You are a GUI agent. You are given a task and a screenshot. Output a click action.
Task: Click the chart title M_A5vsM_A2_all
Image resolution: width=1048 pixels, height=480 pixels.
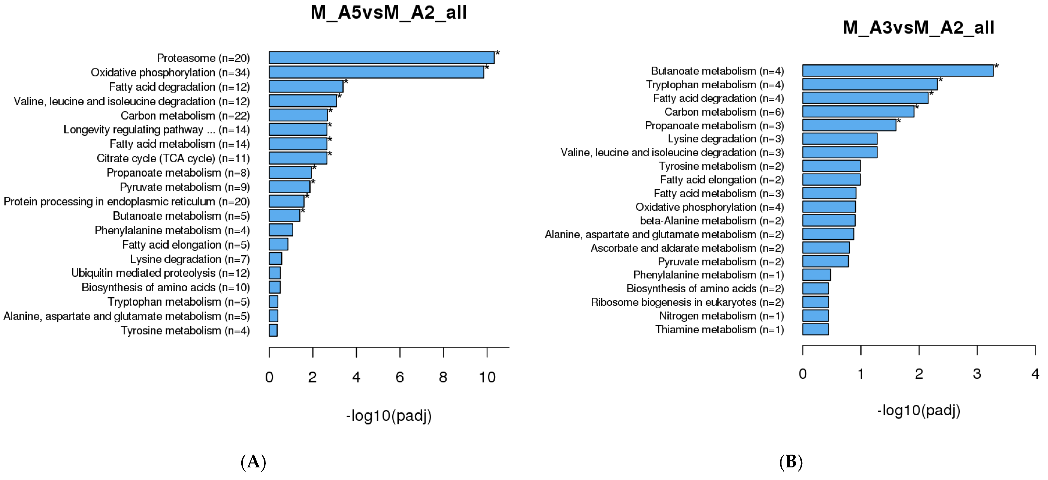pyautogui.click(x=389, y=13)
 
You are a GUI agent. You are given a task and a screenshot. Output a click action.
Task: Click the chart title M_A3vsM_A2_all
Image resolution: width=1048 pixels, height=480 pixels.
pyautogui.click(x=918, y=28)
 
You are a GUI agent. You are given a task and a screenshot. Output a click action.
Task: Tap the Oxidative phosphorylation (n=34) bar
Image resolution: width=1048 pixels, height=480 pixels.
pyautogui.click(x=376, y=72)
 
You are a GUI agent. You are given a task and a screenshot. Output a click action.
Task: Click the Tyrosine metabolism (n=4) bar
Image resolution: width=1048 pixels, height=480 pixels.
pyautogui.click(x=273, y=331)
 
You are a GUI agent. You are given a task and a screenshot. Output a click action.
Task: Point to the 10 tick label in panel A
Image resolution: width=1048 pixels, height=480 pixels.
pyautogui.click(x=487, y=377)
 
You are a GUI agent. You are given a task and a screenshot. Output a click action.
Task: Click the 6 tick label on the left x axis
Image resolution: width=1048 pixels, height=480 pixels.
pyautogui.click(x=400, y=377)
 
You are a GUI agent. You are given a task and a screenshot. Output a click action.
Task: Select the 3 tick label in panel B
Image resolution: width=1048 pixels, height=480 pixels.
pyautogui.click(x=977, y=374)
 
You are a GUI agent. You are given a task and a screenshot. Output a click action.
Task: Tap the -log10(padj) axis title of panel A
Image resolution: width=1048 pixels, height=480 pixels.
pyautogui.click(x=389, y=416)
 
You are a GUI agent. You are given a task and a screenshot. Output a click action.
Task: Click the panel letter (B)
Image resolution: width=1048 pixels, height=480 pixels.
pyautogui.click(x=790, y=462)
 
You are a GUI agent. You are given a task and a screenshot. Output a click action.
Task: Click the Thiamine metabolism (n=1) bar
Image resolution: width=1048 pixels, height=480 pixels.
pyautogui.click(x=815, y=329)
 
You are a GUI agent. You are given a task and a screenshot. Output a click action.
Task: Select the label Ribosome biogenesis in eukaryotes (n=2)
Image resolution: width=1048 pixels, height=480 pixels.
pyautogui.click(x=687, y=302)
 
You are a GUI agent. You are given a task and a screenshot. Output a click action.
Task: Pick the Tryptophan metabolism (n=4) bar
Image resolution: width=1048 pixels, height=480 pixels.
pyautogui.click(x=870, y=85)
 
